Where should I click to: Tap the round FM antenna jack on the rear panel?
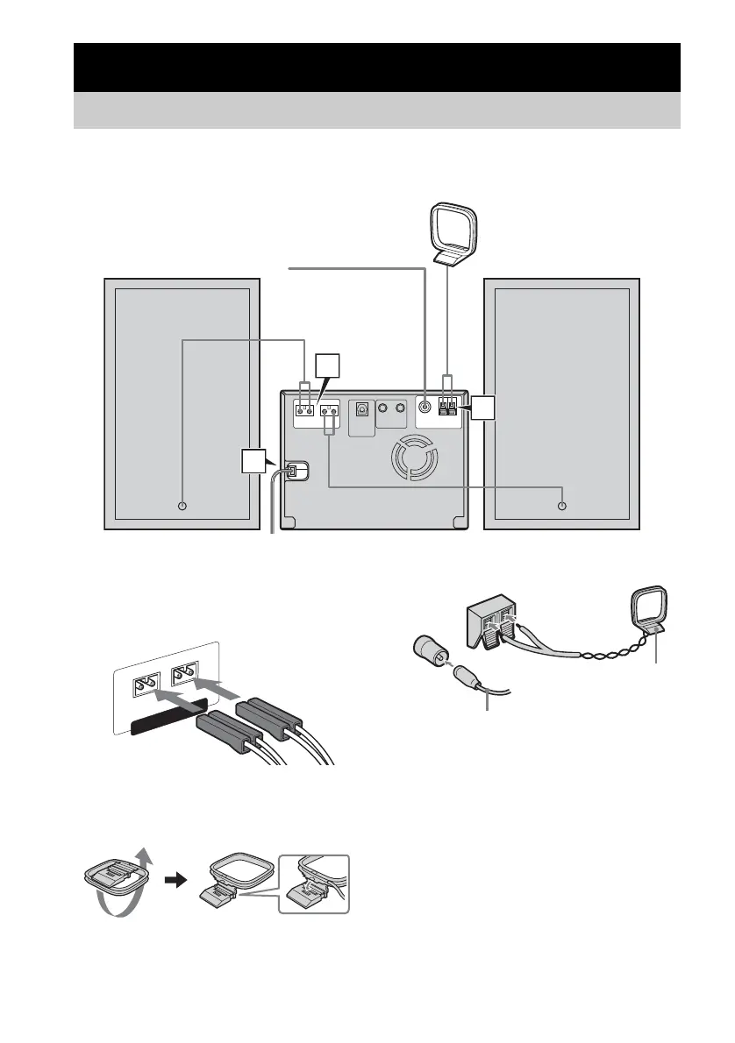pos(425,407)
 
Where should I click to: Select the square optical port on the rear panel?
pos(360,408)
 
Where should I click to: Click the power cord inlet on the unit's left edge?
pos(295,471)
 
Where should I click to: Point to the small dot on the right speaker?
pos(562,506)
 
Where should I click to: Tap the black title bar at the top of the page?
pos(377,67)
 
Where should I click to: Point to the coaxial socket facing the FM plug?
pos(425,654)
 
